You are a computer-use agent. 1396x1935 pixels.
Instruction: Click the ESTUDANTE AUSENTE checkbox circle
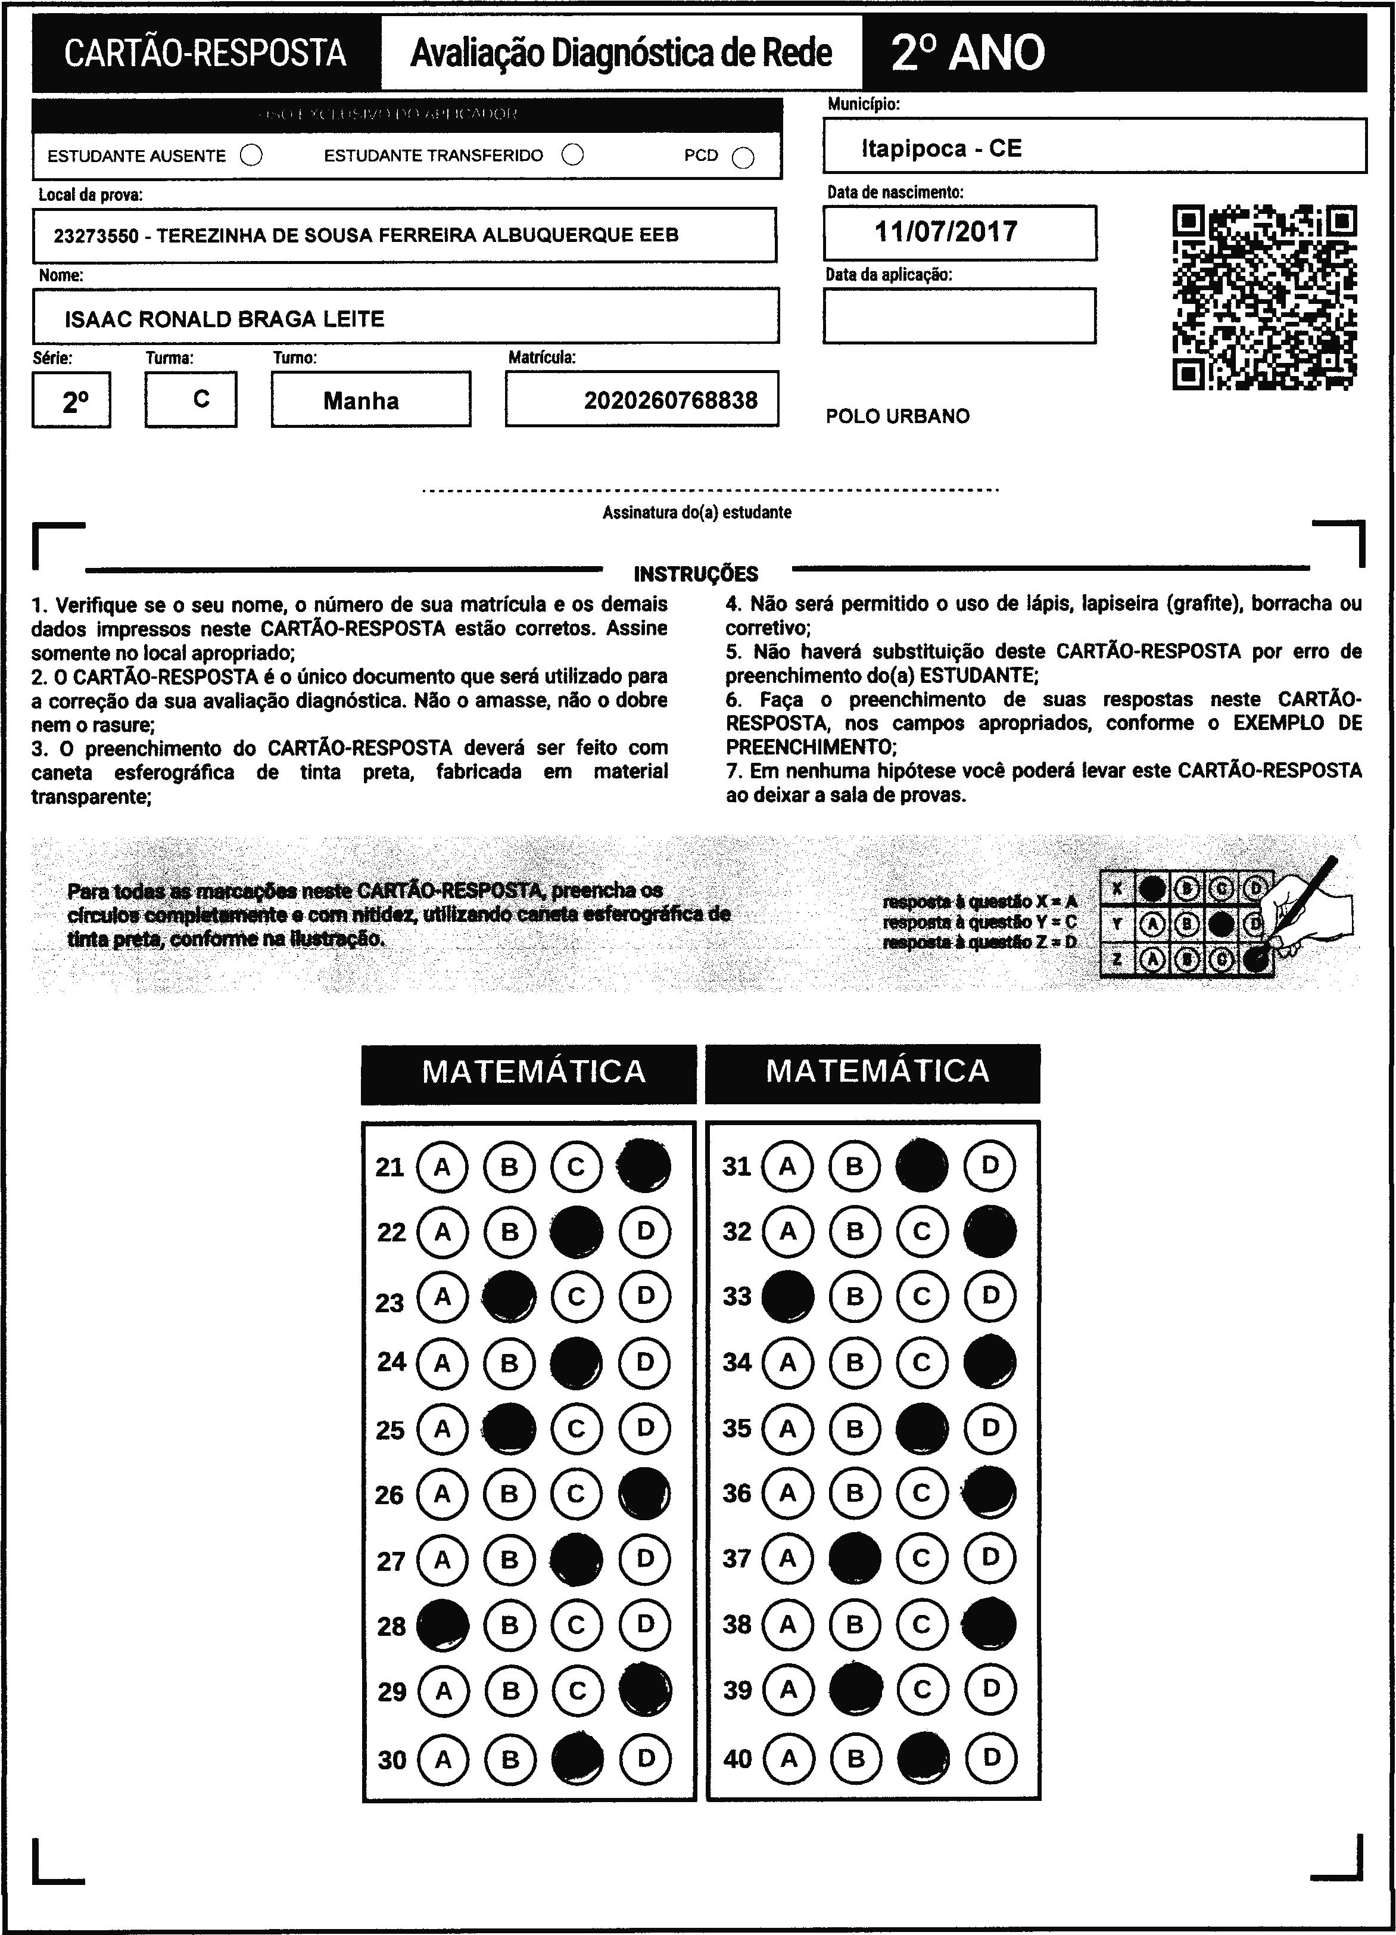click(x=251, y=156)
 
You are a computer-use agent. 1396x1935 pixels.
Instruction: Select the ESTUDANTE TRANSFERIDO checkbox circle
click(x=573, y=154)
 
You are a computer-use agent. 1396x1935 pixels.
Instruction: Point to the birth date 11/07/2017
click(x=946, y=232)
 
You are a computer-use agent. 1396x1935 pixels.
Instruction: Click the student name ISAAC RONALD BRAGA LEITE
click(x=225, y=319)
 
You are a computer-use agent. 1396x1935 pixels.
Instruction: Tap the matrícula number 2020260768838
click(x=670, y=400)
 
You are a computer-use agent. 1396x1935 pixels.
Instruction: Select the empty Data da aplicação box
click(x=959, y=316)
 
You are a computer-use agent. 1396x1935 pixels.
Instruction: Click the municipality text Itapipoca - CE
click(x=940, y=148)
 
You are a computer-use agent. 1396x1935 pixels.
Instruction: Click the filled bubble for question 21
click(x=644, y=1166)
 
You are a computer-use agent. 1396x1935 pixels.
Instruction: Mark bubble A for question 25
click(x=442, y=1428)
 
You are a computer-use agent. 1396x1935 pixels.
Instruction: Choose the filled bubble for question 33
click(x=787, y=1297)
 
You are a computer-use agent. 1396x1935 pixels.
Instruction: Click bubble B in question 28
click(x=509, y=1625)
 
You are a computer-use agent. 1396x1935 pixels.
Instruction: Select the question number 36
click(x=737, y=1493)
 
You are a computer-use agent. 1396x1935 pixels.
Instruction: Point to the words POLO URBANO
click(x=897, y=417)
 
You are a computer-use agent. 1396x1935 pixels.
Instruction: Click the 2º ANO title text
click(x=967, y=53)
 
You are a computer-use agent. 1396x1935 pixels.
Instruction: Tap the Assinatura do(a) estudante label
click(x=697, y=513)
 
